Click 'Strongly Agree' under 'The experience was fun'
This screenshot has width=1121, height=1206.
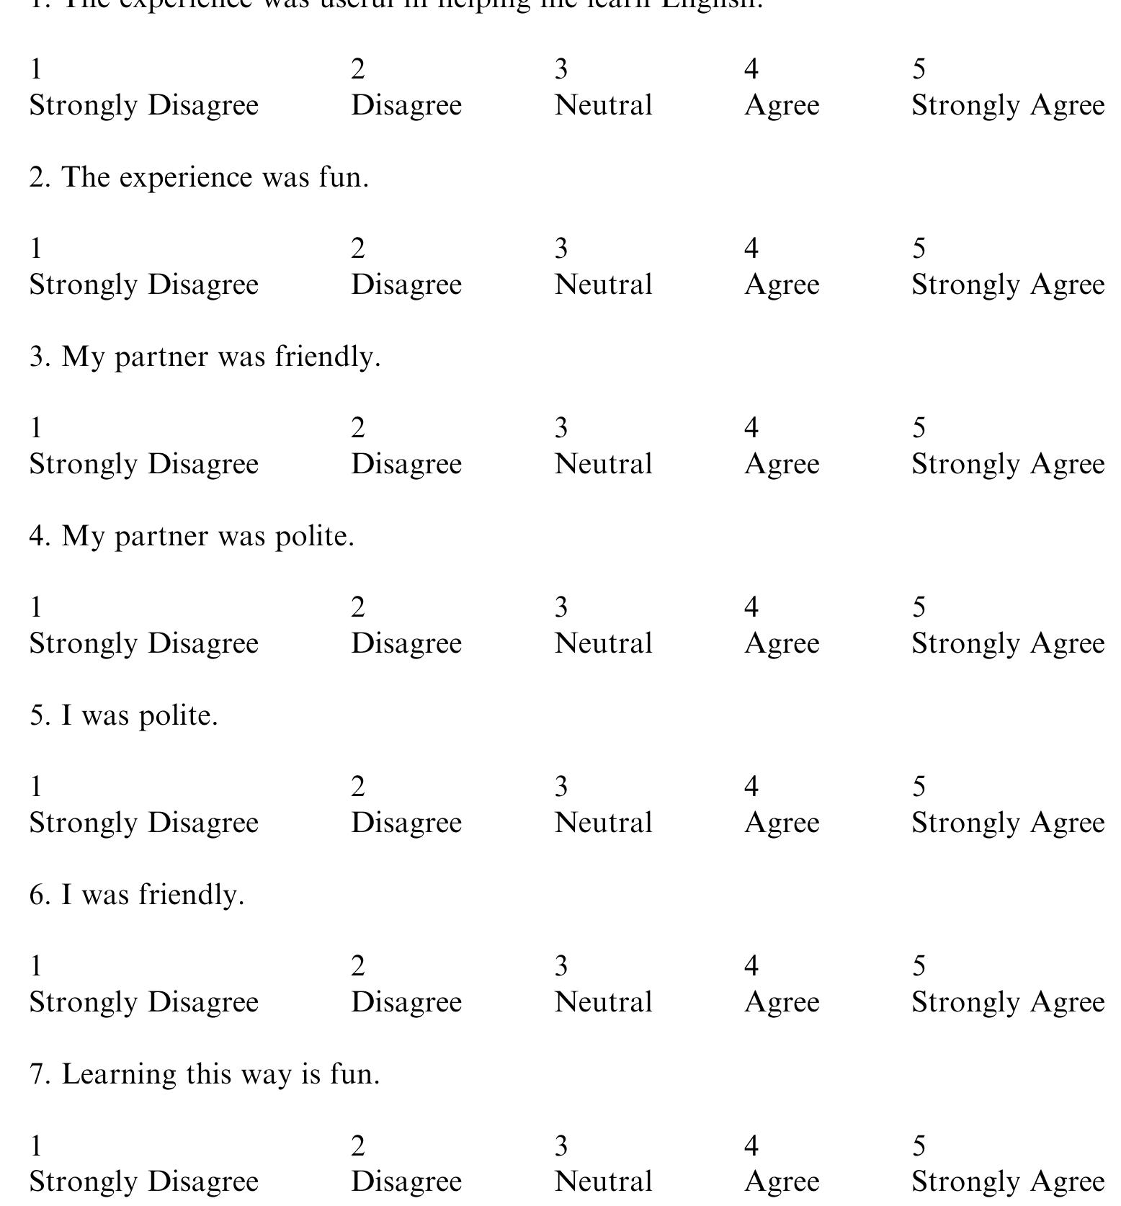point(1007,285)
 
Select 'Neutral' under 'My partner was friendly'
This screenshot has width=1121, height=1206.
point(603,464)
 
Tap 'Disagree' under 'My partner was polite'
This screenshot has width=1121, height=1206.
point(406,643)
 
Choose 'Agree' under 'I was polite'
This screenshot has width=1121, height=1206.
point(782,823)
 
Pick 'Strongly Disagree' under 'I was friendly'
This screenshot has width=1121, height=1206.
point(143,1002)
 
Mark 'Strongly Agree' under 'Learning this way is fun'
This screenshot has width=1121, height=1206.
point(1007,1182)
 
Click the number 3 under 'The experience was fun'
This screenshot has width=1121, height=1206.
point(561,249)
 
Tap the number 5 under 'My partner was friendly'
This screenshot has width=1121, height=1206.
point(919,428)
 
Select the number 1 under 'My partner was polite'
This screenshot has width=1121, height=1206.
point(36,607)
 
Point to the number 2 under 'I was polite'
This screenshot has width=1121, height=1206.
point(358,787)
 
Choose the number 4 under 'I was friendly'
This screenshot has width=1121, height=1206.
point(751,966)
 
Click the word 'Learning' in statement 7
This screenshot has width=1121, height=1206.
point(119,1075)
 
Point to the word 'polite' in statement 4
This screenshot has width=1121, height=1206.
point(314,536)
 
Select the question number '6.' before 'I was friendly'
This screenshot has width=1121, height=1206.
point(40,895)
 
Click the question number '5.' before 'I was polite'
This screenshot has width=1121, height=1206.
point(40,715)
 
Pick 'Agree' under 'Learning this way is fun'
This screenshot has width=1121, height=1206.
point(782,1182)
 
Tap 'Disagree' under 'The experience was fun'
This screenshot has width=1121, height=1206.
point(406,285)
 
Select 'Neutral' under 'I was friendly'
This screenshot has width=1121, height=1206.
point(603,1002)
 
